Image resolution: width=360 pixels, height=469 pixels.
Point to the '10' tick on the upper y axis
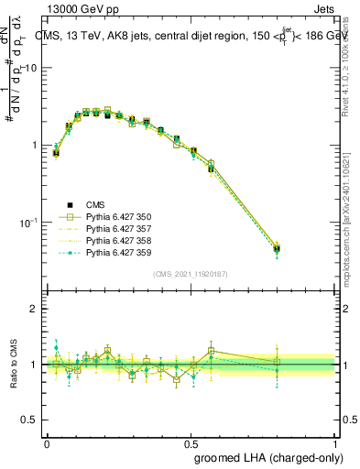(31, 69)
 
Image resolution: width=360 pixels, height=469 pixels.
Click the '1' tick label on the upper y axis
(35, 146)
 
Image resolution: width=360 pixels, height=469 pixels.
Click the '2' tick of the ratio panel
(35, 309)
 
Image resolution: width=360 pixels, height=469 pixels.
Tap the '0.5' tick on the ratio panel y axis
(31, 420)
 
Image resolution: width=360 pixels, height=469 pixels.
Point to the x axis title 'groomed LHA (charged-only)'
(275, 457)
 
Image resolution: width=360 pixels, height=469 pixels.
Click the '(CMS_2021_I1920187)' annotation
(190, 273)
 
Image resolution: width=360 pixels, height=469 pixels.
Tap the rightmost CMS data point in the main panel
(277, 249)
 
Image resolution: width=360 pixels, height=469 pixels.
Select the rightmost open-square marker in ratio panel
(277, 362)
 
